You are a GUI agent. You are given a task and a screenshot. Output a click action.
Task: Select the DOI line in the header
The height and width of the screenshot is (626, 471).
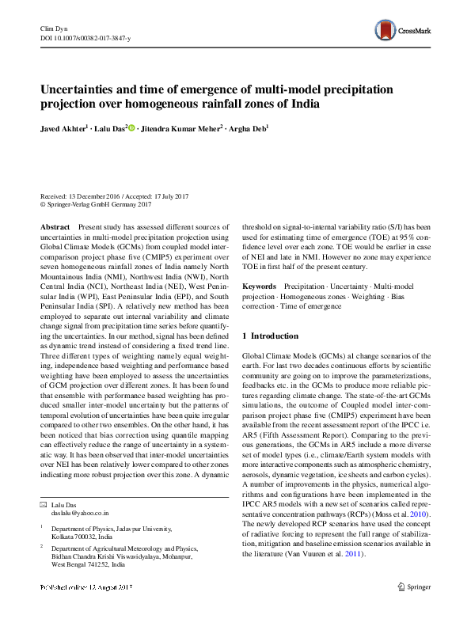click(x=86, y=38)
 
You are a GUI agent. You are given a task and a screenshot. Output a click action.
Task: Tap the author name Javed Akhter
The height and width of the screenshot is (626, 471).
click(x=66, y=127)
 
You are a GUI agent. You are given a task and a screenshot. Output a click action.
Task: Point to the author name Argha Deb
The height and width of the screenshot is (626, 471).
click(x=249, y=127)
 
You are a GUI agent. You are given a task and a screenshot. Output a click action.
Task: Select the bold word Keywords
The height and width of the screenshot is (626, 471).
click(x=259, y=285)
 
